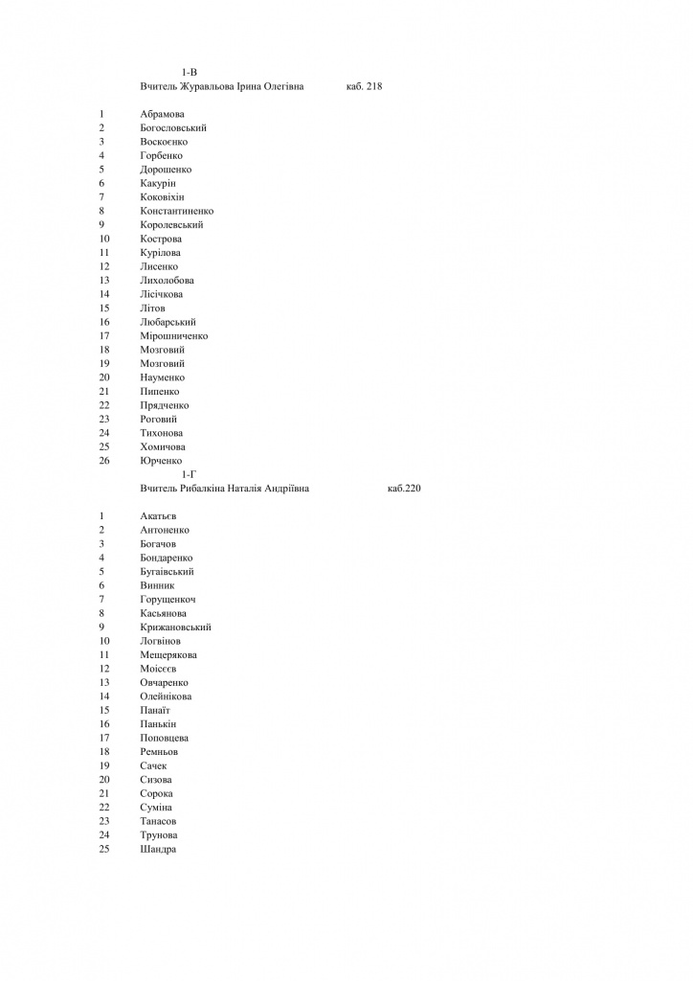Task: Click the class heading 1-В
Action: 189,73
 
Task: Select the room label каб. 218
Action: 364,87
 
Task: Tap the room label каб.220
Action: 404,489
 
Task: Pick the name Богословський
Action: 173,128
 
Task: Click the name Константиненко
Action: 176,211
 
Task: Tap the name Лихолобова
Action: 167,281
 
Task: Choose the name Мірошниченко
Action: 173,336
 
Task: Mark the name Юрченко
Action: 161,461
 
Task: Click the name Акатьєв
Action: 158,516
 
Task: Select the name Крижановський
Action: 175,627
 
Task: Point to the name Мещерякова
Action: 168,655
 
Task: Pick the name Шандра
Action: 158,849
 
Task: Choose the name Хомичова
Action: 163,447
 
